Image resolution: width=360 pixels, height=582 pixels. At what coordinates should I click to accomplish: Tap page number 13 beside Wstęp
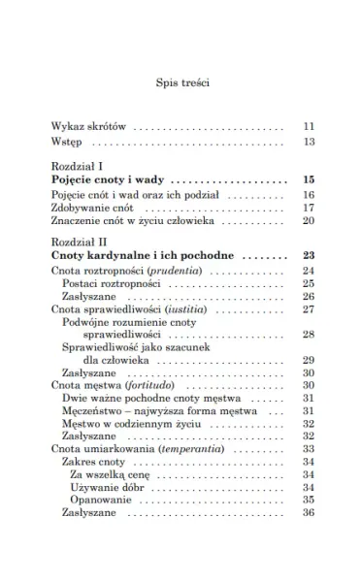(310, 142)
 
